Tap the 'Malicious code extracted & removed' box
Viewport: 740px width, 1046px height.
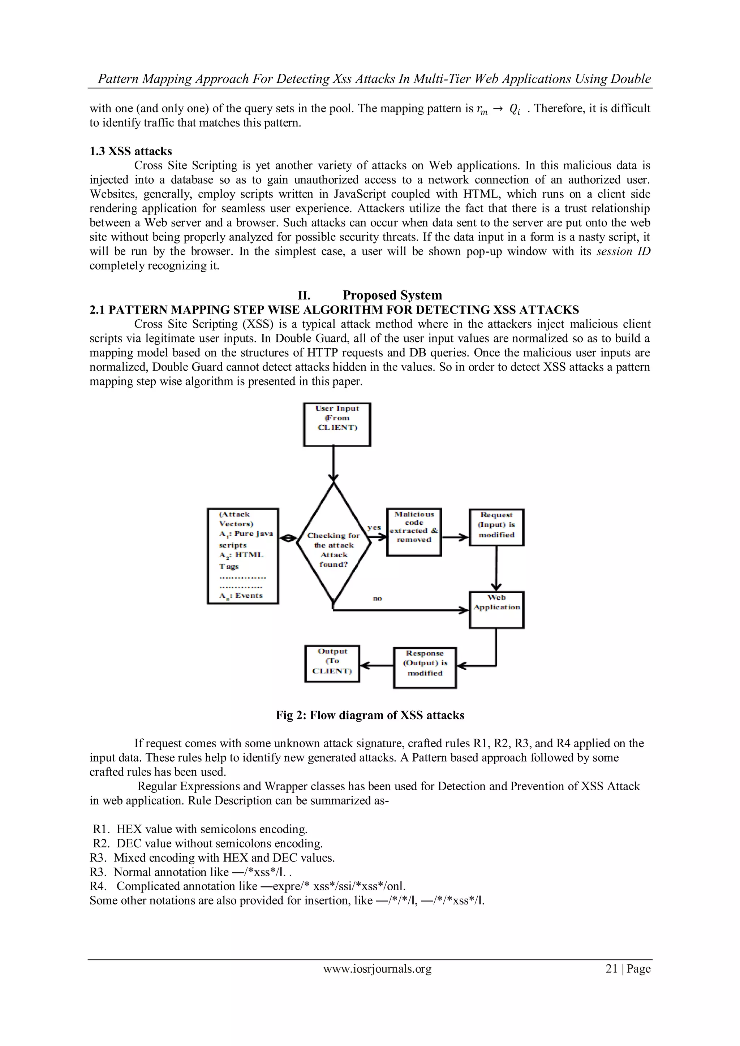(x=414, y=532)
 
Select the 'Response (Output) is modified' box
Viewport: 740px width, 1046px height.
(x=425, y=667)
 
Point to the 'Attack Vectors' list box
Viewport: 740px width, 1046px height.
(x=242, y=556)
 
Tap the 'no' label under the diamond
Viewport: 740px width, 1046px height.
(x=377, y=598)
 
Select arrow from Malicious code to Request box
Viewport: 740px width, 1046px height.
(x=455, y=537)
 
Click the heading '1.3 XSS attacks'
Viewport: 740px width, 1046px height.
(x=131, y=151)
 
